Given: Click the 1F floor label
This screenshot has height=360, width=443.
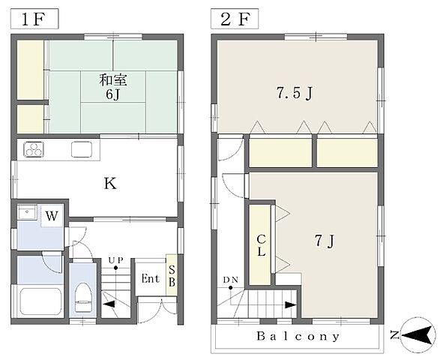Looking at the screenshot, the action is (x=34, y=19).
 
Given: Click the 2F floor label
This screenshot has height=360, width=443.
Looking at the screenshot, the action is (x=235, y=19).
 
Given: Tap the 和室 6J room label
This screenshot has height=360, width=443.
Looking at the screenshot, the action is (x=113, y=87).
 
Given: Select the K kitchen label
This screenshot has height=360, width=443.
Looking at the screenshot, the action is (x=110, y=184).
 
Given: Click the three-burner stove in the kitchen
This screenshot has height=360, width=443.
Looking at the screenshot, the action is (x=34, y=149).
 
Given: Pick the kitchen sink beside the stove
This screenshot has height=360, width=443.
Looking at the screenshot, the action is (x=82, y=149).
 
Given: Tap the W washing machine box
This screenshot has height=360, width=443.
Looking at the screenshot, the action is (x=52, y=216).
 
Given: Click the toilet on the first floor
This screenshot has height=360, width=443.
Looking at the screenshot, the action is (x=83, y=297).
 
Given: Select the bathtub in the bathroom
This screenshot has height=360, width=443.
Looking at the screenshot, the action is (x=41, y=301).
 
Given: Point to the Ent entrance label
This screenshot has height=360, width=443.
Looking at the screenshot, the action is (x=151, y=278).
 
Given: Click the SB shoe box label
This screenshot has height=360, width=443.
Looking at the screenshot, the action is (x=172, y=276).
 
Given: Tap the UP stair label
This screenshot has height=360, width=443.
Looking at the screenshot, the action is (x=116, y=260).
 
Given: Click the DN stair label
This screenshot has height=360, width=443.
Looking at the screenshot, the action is (x=231, y=280).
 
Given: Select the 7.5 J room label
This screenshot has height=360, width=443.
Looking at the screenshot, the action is (x=294, y=93).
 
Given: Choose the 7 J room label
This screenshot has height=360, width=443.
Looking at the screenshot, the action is (x=325, y=241).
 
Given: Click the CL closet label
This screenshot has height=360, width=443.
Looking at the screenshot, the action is (x=262, y=245).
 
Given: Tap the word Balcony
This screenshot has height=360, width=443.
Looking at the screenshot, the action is (x=298, y=336).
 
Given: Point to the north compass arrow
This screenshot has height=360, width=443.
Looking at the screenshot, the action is (x=418, y=335).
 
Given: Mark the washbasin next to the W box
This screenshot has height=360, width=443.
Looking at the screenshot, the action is (x=28, y=212).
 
